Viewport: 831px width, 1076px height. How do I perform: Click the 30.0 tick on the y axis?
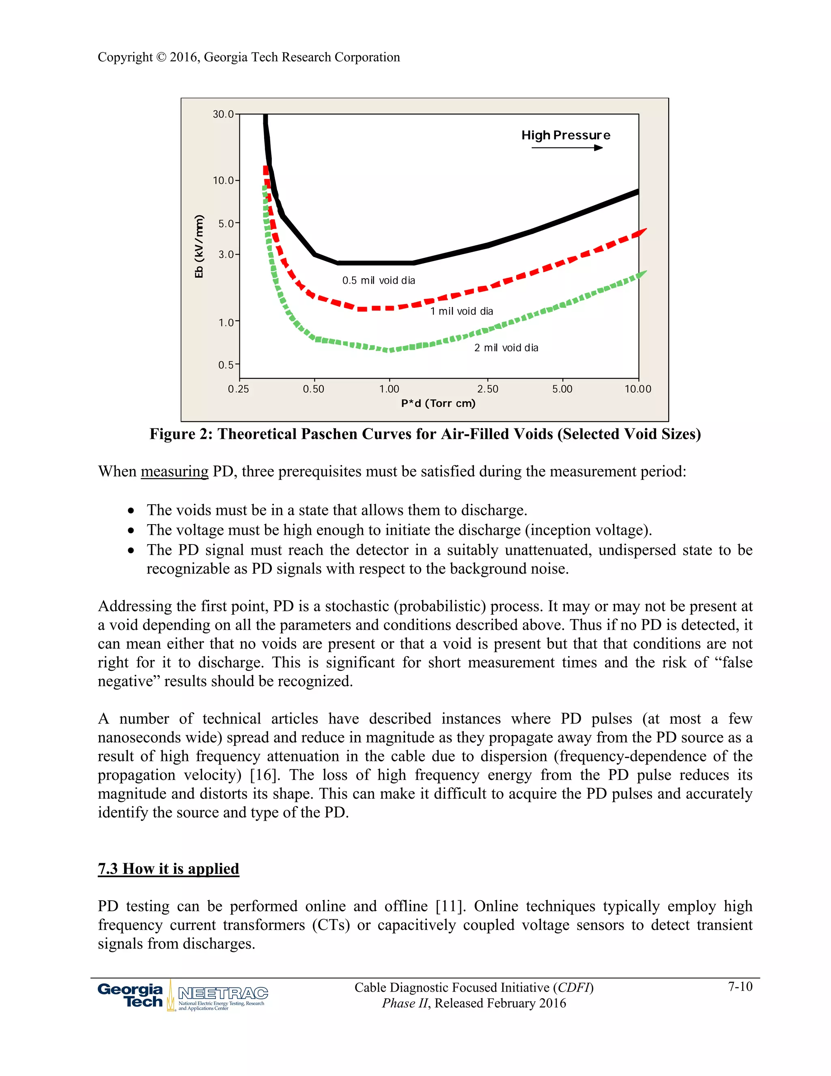point(223,115)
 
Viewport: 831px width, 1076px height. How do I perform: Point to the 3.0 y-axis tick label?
point(226,255)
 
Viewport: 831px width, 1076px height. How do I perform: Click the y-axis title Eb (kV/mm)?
point(199,246)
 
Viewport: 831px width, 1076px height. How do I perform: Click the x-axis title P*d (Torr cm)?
point(438,404)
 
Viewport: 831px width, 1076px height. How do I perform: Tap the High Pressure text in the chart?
point(566,136)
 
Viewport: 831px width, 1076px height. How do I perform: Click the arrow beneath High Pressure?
point(567,148)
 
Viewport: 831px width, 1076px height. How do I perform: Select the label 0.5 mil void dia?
point(379,280)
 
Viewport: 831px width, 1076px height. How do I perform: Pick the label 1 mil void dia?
point(461,311)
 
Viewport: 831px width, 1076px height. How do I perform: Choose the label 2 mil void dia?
point(506,348)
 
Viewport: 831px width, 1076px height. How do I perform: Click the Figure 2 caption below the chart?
point(425,434)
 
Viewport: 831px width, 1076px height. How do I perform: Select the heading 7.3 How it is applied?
point(168,869)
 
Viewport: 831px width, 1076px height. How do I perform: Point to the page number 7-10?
point(740,986)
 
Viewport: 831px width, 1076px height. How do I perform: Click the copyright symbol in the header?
point(161,57)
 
